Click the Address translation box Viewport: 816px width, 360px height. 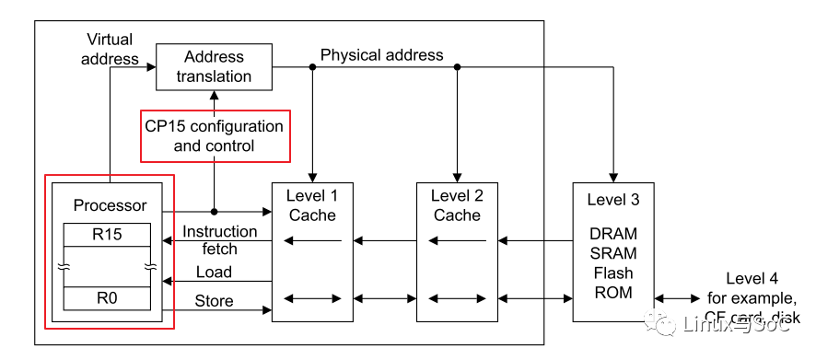click(x=213, y=66)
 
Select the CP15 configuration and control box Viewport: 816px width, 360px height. click(x=214, y=135)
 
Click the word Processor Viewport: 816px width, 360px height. click(x=110, y=205)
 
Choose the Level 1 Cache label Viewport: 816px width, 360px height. click(x=313, y=205)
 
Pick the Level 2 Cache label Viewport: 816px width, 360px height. click(x=457, y=205)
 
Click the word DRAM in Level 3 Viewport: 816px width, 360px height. click(x=612, y=235)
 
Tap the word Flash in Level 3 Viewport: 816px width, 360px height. click(x=612, y=273)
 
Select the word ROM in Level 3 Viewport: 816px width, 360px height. click(x=612, y=292)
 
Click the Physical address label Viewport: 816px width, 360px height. click(x=381, y=55)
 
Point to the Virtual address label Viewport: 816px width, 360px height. click(x=110, y=49)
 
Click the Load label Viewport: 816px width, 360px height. click(x=214, y=273)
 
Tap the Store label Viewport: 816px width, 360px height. click(x=214, y=301)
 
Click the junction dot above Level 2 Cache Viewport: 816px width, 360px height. click(x=457, y=66)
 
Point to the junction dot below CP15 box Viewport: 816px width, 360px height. click(x=214, y=211)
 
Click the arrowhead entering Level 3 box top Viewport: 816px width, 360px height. click(x=612, y=177)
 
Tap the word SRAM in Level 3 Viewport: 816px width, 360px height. click(x=612, y=253)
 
